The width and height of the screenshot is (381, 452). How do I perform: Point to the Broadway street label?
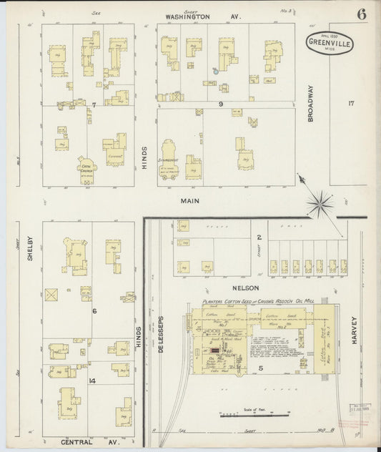(x=311, y=104)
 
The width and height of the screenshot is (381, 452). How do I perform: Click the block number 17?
(x=350, y=104)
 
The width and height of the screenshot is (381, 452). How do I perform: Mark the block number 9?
(x=221, y=104)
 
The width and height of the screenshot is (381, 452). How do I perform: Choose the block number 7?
(x=94, y=105)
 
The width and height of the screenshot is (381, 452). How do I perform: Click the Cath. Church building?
(x=87, y=169)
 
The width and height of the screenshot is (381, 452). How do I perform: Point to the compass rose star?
(x=320, y=203)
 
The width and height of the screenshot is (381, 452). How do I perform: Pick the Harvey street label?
(x=353, y=332)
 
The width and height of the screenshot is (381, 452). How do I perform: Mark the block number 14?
(x=92, y=381)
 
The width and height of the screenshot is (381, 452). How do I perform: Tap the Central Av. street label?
(x=89, y=442)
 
